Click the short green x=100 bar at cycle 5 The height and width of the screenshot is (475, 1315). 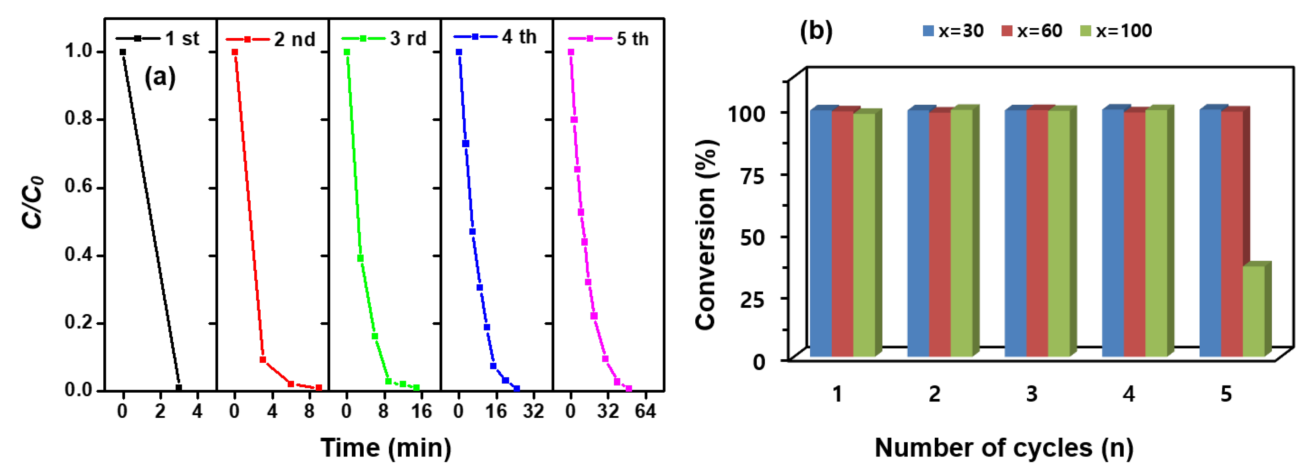(x=1253, y=311)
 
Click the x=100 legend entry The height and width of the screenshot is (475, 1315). (x=1116, y=31)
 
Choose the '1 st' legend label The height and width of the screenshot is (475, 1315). (x=182, y=39)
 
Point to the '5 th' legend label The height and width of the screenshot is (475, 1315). (x=632, y=39)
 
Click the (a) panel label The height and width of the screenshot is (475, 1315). (x=160, y=77)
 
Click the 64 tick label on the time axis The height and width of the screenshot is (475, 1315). (x=645, y=411)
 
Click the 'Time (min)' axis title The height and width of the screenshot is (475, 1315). (x=386, y=448)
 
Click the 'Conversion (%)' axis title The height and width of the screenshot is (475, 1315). (x=707, y=235)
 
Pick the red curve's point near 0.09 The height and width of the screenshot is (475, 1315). (x=263, y=360)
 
